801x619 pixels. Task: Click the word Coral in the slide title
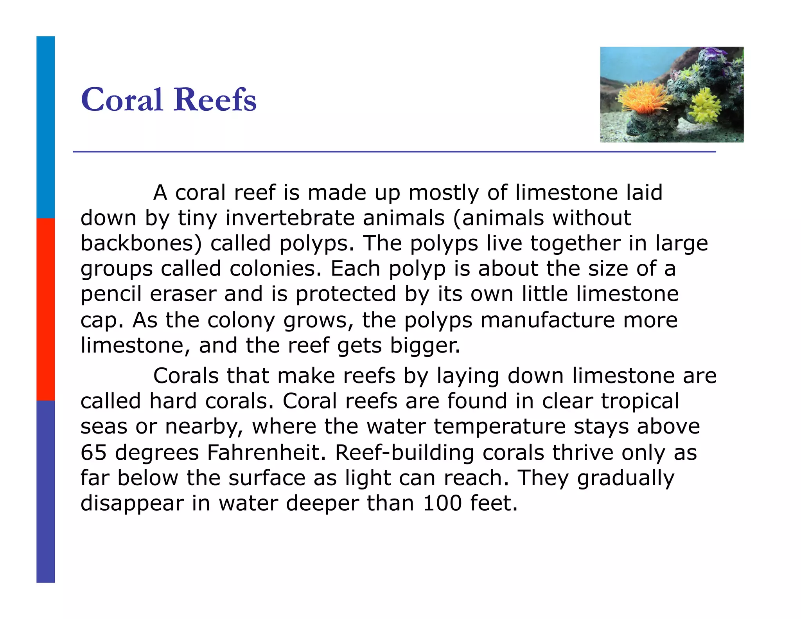[121, 99]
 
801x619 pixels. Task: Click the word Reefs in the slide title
[215, 99]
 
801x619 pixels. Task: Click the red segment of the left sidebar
[45, 309]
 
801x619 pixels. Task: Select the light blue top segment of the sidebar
[45, 127]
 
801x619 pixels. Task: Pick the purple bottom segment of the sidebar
[45, 491]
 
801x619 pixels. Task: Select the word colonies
[275, 268]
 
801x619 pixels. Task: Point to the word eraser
[183, 294]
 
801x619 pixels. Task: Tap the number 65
[93, 452]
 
